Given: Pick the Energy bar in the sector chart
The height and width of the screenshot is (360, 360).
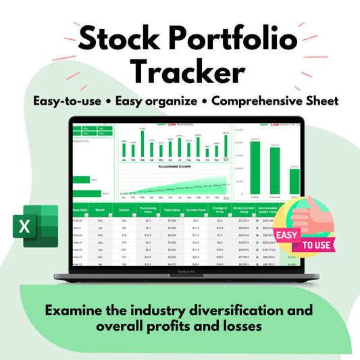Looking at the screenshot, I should [255, 162].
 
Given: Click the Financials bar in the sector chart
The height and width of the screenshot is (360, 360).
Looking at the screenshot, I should [275, 165].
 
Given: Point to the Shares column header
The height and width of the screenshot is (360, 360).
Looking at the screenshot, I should [124, 210].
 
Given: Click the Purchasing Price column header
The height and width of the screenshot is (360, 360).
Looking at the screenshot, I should [147, 210].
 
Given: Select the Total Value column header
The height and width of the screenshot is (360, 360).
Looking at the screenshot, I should [172, 210].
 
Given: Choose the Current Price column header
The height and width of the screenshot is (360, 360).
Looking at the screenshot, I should [196, 210].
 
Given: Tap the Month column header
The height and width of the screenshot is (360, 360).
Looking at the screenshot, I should [100, 210].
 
